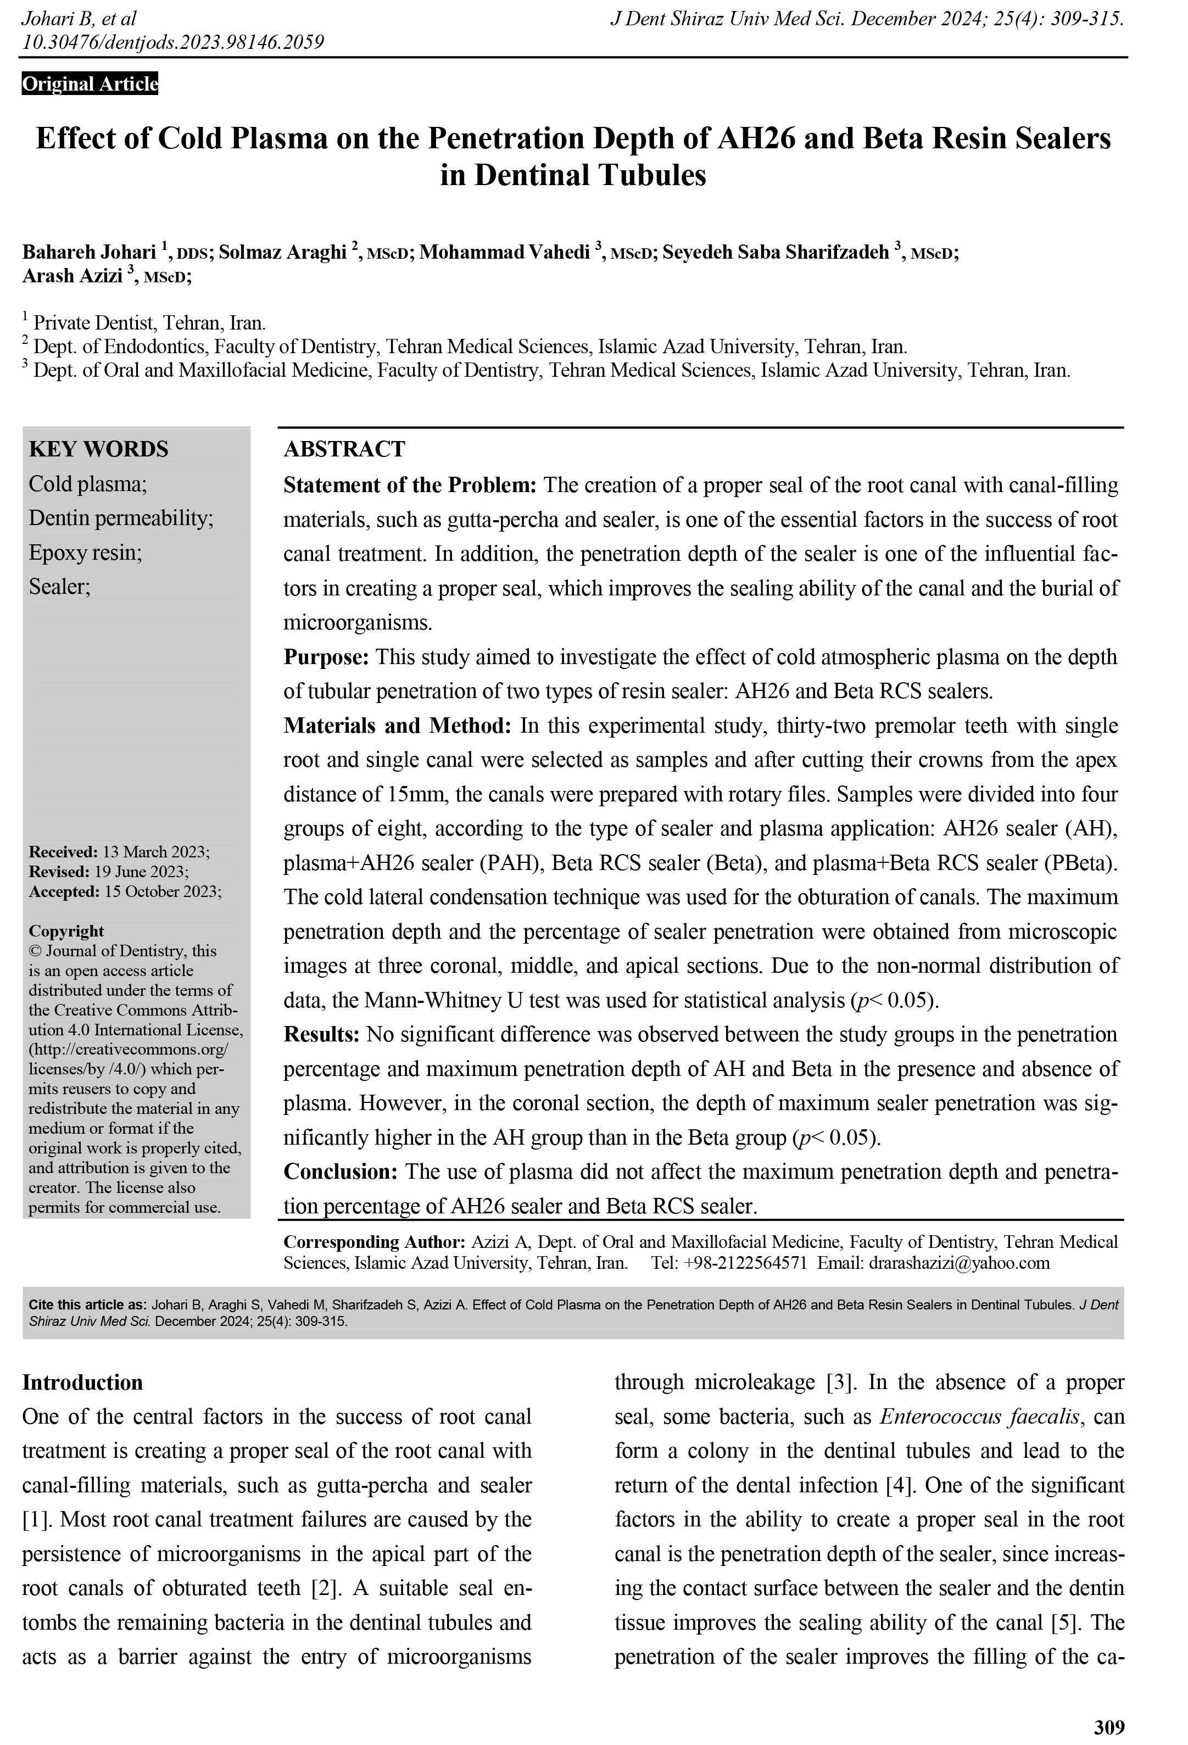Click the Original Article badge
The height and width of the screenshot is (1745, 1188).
(x=90, y=83)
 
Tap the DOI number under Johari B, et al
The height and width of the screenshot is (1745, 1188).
(x=172, y=42)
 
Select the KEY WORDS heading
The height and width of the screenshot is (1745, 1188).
(x=98, y=449)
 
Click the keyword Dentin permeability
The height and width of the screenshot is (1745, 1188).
(x=121, y=518)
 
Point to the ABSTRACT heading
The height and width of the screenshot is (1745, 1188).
(x=344, y=449)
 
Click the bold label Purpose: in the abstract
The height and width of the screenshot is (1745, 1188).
(x=326, y=657)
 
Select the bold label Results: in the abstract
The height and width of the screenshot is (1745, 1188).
(x=321, y=1035)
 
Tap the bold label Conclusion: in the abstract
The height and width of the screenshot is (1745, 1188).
(x=340, y=1172)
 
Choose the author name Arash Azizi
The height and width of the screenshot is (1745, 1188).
(x=72, y=276)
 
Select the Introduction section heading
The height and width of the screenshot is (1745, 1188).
(x=82, y=1382)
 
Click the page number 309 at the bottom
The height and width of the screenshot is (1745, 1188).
(x=1109, y=1727)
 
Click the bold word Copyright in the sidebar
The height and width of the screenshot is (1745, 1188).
(x=66, y=931)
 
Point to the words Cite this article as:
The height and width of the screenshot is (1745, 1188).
(x=88, y=1305)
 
